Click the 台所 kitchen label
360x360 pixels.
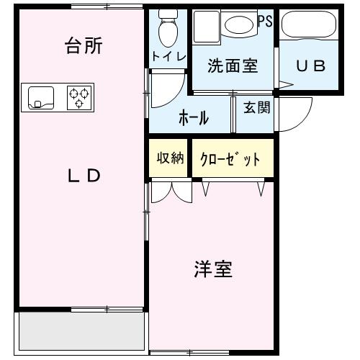83,47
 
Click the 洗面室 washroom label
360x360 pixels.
232,66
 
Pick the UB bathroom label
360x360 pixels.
311,66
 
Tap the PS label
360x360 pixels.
265,21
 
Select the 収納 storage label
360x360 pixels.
171,158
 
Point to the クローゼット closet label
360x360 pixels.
233,159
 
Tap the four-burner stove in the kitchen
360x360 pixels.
80,97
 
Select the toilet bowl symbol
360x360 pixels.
168,29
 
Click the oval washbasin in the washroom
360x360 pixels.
239,25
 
